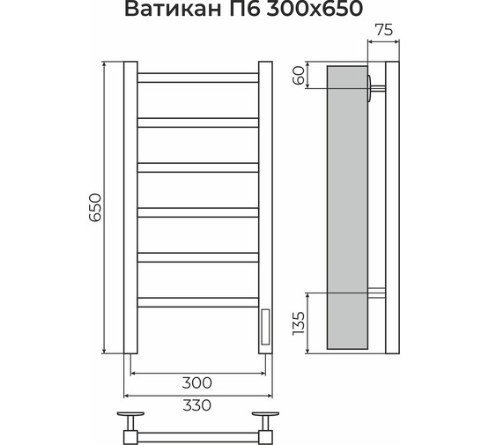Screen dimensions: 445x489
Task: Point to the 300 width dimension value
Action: point(198,382)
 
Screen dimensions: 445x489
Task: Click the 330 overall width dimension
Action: point(198,404)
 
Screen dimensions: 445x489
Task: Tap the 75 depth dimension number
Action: point(382,29)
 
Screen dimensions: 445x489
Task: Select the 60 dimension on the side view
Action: point(300,76)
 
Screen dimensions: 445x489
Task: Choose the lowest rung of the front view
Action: point(198,301)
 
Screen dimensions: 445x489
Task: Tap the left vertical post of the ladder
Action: point(130,207)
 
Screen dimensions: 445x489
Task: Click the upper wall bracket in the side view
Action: point(376,85)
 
